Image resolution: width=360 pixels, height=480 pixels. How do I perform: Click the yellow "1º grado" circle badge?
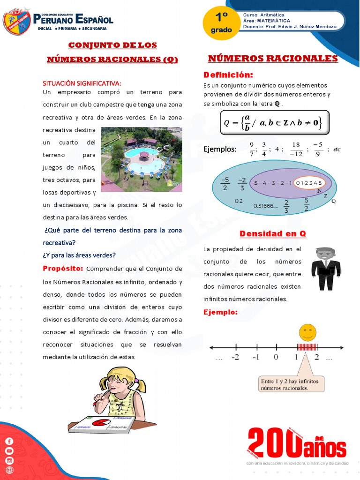click(221, 23)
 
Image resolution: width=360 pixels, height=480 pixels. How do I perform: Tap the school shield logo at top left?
click(17, 22)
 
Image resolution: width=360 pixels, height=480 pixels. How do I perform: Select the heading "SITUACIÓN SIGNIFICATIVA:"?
click(82, 83)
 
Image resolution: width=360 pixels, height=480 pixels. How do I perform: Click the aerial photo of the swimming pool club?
click(142, 159)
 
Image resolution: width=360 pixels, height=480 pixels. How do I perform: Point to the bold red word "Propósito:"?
click(63, 269)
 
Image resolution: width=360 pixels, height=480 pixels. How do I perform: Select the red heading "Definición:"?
click(228, 75)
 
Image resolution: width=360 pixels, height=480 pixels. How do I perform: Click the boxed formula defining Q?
click(274, 122)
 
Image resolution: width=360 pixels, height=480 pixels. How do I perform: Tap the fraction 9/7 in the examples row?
click(252, 149)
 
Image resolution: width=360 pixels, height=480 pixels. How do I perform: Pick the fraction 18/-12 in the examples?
click(296, 149)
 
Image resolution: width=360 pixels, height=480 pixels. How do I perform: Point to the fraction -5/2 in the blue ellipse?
click(225, 184)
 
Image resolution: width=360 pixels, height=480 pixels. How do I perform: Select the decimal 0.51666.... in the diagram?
click(265, 205)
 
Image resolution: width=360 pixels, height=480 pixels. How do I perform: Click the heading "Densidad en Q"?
click(273, 233)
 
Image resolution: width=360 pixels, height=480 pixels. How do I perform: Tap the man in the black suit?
click(326, 269)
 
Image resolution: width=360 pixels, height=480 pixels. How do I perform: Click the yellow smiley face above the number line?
click(307, 332)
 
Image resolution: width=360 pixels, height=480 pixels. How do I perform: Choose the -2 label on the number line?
click(235, 357)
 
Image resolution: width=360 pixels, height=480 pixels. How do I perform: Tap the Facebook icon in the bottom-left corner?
click(9, 441)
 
